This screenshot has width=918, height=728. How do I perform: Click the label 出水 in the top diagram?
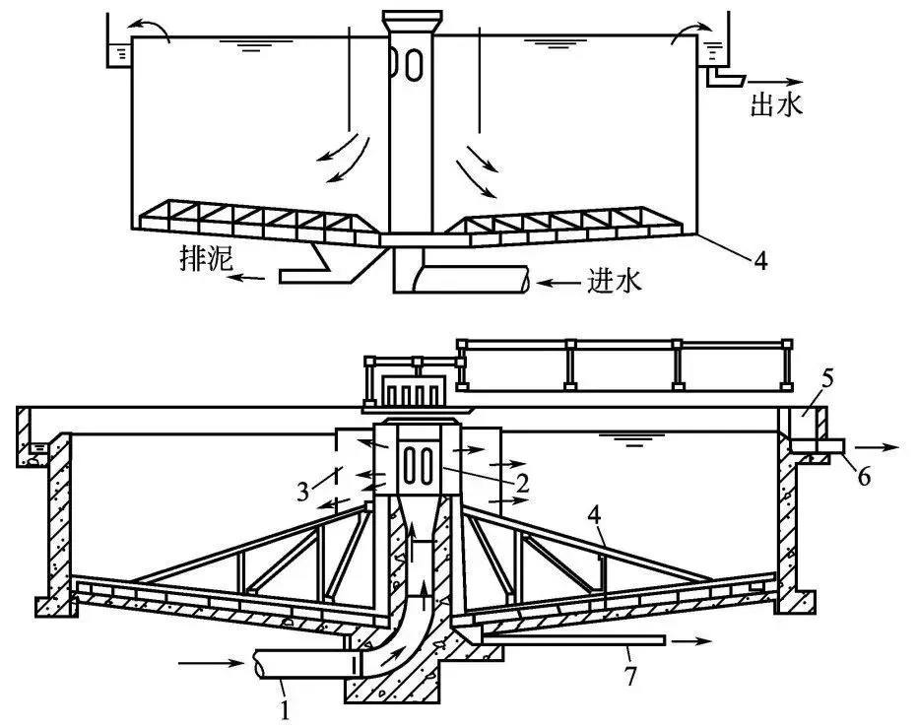click(x=777, y=105)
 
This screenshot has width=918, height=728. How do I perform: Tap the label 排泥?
click(x=206, y=258)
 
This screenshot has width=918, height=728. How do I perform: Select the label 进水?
click(x=615, y=282)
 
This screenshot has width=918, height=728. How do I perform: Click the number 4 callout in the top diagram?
click(x=760, y=261)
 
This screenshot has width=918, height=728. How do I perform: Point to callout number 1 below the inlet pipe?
click(x=285, y=710)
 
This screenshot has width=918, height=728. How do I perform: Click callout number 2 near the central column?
click(x=522, y=483)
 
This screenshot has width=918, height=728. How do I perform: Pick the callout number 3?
click(x=302, y=492)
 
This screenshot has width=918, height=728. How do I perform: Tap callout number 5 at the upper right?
click(x=827, y=378)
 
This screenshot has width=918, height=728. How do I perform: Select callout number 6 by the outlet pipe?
click(x=864, y=477)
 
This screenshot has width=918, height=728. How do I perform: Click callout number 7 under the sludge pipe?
click(x=630, y=677)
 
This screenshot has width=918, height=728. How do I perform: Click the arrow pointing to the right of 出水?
click(x=775, y=82)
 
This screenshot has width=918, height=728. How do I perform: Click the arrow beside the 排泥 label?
click(x=246, y=277)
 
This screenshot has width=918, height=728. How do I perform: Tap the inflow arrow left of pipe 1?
click(x=212, y=663)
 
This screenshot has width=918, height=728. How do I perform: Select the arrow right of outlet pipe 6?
click(x=877, y=447)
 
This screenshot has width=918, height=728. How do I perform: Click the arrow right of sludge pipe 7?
click(x=691, y=640)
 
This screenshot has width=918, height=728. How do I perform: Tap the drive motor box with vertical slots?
click(x=411, y=392)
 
